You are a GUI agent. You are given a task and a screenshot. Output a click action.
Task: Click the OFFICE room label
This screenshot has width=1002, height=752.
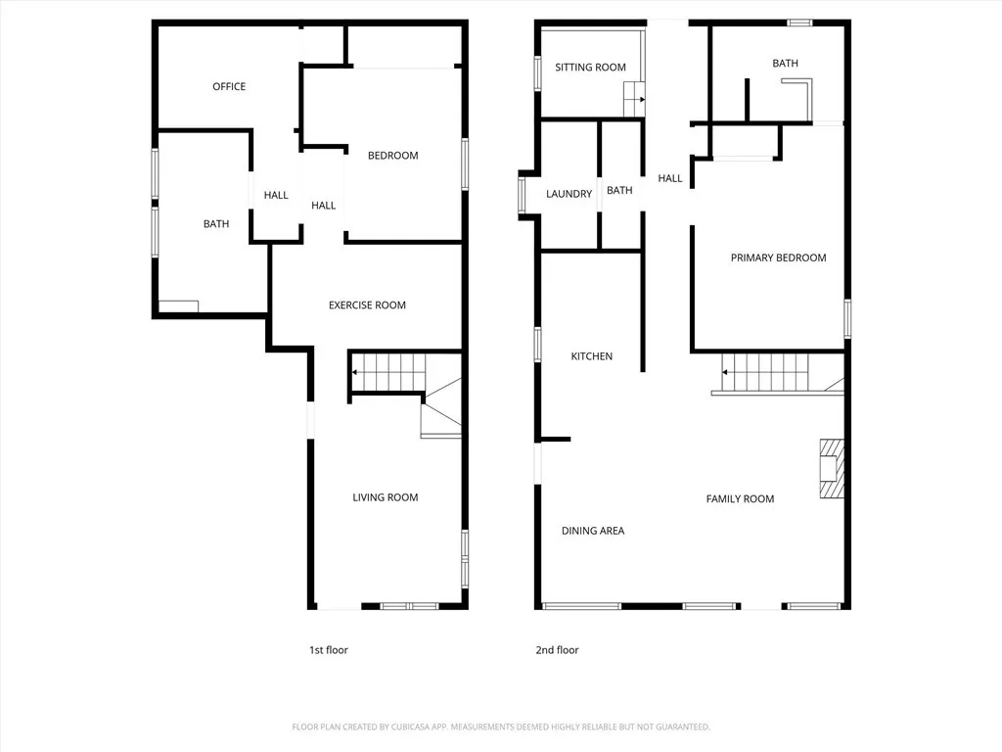pos(229,86)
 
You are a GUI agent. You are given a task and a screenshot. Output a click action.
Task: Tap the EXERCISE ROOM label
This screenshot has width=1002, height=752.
pos(367,305)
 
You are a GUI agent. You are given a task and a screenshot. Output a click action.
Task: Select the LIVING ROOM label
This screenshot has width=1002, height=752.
pos(385,497)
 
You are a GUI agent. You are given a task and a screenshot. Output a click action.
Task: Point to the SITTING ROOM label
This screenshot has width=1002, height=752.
pos(590,68)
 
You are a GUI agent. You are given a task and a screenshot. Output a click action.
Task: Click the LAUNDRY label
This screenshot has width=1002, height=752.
pos(569,194)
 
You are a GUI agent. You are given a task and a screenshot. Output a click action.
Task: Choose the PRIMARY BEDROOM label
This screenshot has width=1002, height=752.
pos(778,258)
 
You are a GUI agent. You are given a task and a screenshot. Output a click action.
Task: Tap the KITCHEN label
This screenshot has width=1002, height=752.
pos(591,356)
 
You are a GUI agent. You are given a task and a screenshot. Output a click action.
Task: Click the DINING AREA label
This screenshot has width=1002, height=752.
pos(592,531)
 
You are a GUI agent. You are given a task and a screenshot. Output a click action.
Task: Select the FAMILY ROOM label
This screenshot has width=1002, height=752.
pos(740,498)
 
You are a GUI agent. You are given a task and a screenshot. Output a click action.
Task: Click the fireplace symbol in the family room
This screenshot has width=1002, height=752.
pos(830,469)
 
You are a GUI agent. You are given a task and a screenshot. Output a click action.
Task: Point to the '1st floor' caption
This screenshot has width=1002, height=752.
pos(328,650)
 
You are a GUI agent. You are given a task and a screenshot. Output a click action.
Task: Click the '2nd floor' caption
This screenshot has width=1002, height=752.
pos(558,650)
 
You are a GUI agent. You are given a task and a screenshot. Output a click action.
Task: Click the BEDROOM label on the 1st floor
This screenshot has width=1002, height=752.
pos(392,156)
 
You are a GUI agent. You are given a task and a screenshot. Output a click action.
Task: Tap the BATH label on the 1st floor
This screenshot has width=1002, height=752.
pos(216,224)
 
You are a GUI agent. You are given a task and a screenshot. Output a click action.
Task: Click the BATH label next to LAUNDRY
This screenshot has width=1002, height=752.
pos(619,191)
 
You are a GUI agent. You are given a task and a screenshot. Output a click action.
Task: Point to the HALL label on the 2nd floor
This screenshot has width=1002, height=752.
pos(670,178)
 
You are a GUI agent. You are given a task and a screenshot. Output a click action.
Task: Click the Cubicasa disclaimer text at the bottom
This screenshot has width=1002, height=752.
pos(501,727)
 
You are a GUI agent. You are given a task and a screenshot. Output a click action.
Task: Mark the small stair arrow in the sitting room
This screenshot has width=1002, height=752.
pos(635,99)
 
